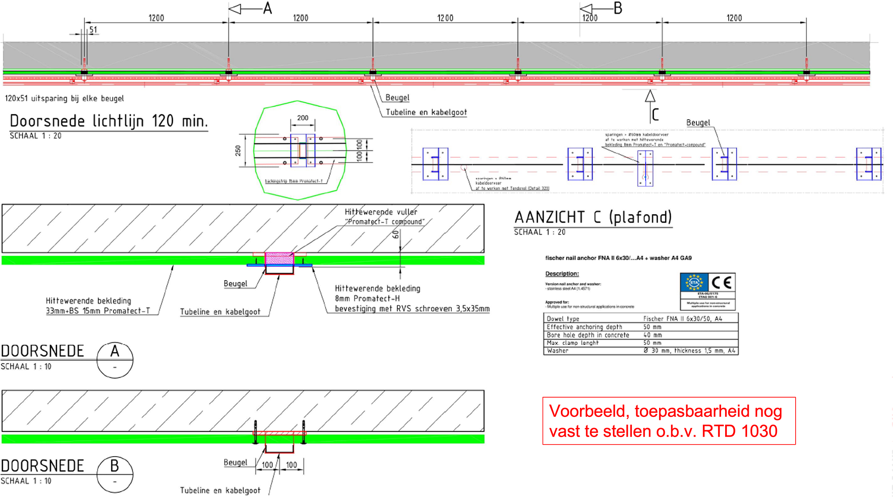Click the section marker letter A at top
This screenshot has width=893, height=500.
coord(267,8)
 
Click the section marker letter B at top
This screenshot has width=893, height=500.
coord(618,8)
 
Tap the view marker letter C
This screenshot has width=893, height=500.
coord(655,114)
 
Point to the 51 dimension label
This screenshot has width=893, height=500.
coord(93,30)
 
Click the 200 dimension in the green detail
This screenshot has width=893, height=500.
coord(303,118)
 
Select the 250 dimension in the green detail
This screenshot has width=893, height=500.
coord(238,151)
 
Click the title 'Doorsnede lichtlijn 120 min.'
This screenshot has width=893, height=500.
coord(108,121)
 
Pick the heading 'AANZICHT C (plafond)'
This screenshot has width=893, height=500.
coord(593,218)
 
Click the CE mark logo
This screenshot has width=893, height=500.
coord(722,282)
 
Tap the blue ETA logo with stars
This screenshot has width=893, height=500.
coord(694,282)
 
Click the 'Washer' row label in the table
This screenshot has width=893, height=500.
coord(558,351)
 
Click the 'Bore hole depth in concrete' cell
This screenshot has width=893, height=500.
coord(588,335)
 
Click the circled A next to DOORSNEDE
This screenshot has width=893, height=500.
coord(115,352)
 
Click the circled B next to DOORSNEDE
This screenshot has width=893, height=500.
coord(115,466)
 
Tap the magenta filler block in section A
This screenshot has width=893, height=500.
coord(279,258)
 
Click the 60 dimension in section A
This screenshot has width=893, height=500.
coord(396,234)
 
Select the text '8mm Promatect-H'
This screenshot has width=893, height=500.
coord(367,298)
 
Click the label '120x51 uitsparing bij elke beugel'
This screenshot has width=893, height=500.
coord(64,98)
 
